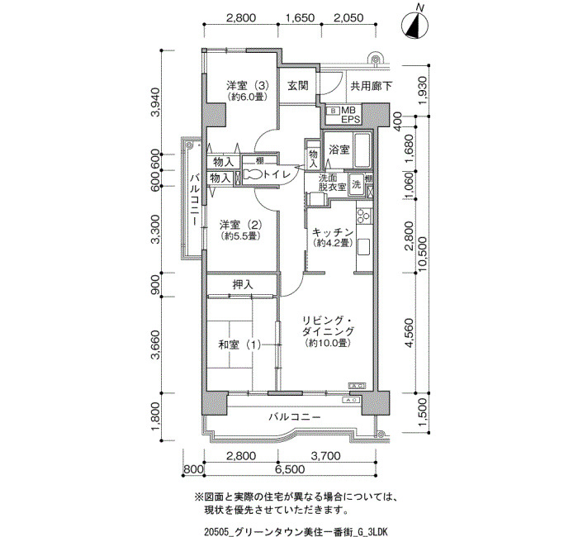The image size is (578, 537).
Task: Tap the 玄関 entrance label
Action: click(298, 86)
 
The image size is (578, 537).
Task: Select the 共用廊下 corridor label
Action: click(372, 86)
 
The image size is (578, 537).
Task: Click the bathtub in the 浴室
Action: click(362, 150)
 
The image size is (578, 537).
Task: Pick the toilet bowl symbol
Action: click(253, 174)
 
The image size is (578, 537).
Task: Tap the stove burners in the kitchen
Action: click(363, 216)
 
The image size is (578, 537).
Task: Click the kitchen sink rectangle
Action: click(363, 246)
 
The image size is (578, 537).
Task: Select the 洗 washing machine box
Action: click(356, 184)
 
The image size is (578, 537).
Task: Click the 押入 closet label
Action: click(243, 284)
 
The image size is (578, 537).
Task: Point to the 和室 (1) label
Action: click(239, 345)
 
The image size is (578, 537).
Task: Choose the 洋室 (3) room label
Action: click(248, 86)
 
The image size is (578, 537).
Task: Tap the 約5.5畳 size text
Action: click(240, 235)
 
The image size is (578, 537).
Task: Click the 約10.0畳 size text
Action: click(328, 343)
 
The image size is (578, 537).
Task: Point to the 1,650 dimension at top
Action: click(299, 17)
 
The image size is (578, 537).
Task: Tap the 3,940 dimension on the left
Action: click(156, 102)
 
